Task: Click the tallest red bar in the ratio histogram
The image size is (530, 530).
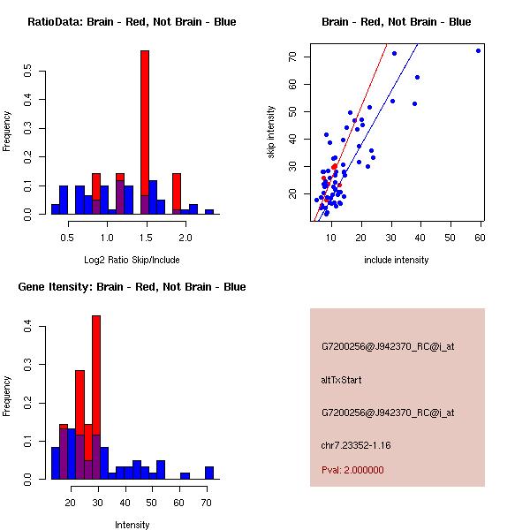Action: coord(144,132)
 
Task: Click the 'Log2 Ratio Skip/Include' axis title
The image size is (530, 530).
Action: coord(132,260)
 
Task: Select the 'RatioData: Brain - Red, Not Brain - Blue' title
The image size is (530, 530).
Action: coord(132,22)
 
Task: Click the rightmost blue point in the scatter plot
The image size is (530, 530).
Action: coord(478,50)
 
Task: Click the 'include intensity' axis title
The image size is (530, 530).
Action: coord(397,260)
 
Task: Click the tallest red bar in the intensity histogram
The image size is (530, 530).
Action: coord(96,397)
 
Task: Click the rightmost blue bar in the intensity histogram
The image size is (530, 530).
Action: coord(209,473)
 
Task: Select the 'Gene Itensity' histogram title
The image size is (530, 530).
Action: coord(132,287)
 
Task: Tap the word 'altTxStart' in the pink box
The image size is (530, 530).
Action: coord(342,380)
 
